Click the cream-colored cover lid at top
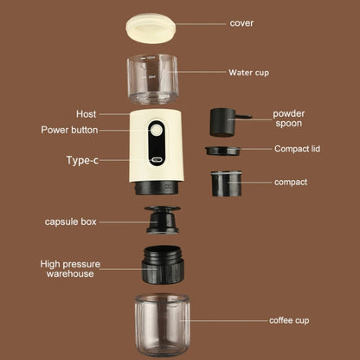coord(157,27)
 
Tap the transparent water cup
coord(157,79)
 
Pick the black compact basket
coord(227,182)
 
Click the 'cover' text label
coord(241,23)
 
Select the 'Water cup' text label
coord(248,73)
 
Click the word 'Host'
coord(86,113)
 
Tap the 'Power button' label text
coord(69,131)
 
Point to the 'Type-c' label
coord(83,160)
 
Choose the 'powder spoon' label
coord(288,119)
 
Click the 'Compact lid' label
coord(297,149)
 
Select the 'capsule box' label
coord(71,222)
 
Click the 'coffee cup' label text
coord(288,321)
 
